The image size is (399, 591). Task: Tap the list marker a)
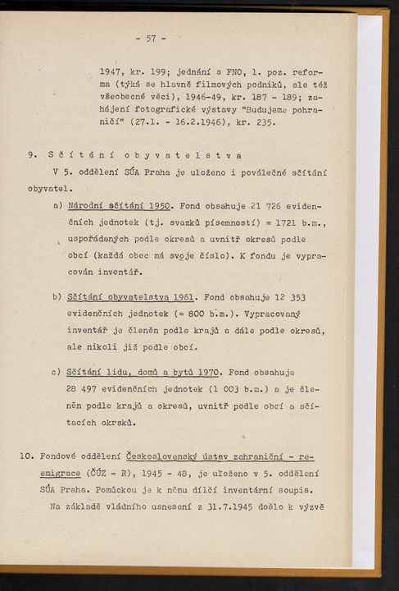point(57,204)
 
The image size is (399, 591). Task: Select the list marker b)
point(57,296)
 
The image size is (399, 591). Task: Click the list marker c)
point(57,372)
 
